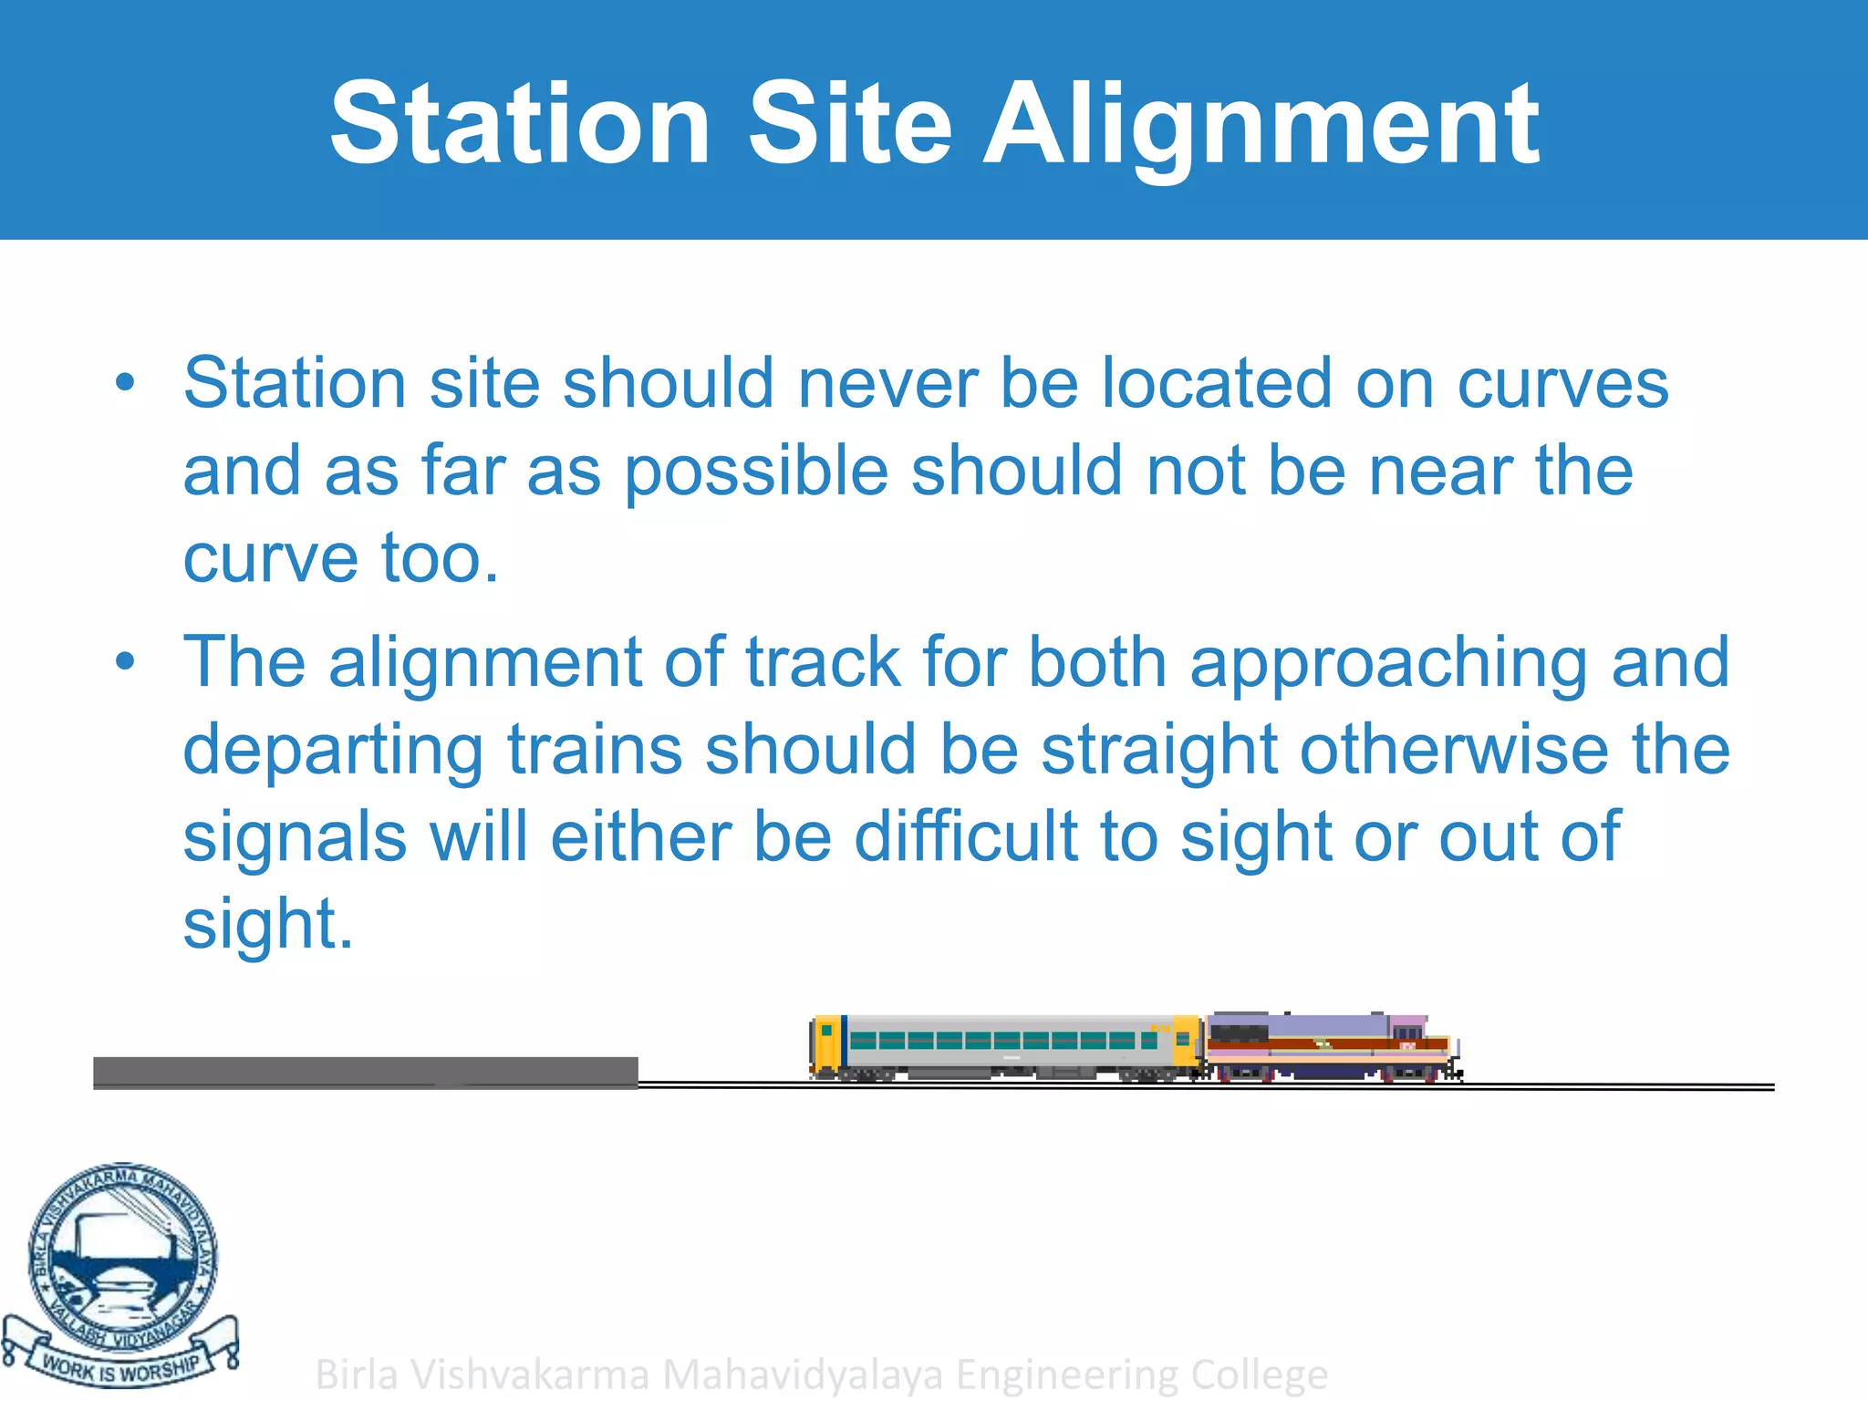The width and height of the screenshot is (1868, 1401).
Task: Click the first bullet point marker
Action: click(x=125, y=384)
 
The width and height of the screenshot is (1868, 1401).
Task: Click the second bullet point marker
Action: click(x=125, y=662)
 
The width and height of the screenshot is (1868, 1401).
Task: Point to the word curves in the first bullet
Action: click(x=1562, y=384)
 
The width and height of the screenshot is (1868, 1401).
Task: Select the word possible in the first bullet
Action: click(x=756, y=472)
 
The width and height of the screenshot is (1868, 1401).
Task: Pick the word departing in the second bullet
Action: click(x=333, y=751)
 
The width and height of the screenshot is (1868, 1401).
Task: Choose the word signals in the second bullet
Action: click(x=295, y=837)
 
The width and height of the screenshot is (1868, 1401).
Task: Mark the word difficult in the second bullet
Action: click(x=966, y=837)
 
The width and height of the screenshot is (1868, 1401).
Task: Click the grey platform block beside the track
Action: click(x=365, y=1073)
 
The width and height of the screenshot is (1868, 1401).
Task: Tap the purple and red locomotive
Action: click(x=1332, y=1047)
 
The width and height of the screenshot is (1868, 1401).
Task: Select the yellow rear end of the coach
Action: click(x=825, y=1043)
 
